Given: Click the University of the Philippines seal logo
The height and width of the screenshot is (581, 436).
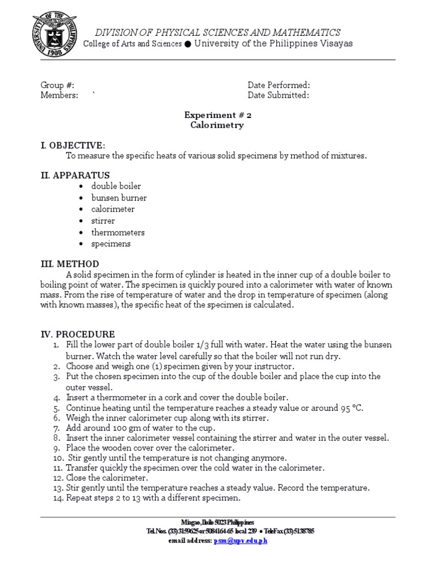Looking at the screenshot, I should (54, 35).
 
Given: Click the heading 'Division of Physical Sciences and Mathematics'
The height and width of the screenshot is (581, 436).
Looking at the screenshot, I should (217, 32).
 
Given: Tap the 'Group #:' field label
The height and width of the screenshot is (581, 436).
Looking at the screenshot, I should (57, 85).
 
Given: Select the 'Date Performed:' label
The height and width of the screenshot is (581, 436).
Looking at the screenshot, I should (279, 85).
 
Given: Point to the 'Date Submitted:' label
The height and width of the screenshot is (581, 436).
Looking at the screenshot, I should (278, 95).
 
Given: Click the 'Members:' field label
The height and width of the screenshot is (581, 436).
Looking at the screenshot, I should (59, 95).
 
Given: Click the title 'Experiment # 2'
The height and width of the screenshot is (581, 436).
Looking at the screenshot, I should (217, 115).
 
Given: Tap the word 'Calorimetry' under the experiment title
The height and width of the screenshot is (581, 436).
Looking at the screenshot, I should (217, 125).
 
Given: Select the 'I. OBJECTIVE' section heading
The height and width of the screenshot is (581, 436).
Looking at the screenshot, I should (73, 145).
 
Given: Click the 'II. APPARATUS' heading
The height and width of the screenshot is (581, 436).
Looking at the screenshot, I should (75, 175).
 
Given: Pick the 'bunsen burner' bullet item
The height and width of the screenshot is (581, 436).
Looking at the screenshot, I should (119, 198).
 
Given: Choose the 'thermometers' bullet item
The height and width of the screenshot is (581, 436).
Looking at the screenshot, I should (118, 232).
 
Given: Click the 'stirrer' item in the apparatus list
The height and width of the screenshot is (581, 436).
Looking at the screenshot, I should (103, 221).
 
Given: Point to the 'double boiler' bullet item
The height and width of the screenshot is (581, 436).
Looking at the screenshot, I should (116, 186).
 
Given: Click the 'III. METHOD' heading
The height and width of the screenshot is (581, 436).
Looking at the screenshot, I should (70, 264).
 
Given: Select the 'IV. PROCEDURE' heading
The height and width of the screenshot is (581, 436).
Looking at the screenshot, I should (78, 334).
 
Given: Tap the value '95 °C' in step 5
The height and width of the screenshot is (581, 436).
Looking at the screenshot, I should (350, 407).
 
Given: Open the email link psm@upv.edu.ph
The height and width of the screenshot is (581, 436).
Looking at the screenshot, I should (240, 541).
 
